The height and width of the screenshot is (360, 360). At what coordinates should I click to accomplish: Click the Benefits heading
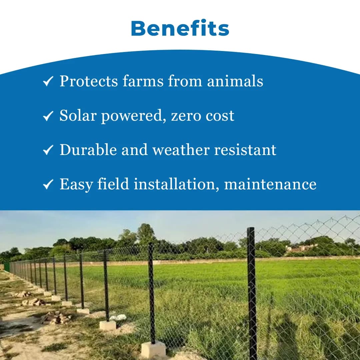coord(180,29)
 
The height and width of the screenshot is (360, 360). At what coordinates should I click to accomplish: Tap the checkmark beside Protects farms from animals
coord(48,81)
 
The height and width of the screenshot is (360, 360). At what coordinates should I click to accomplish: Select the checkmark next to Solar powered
coord(48,116)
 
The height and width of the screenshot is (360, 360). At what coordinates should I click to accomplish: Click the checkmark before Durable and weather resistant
coord(48,150)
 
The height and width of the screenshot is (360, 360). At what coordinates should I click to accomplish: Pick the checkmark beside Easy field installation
coord(48,184)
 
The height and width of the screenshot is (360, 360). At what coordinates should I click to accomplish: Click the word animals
coord(235,81)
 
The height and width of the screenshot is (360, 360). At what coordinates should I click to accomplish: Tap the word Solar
coord(79,116)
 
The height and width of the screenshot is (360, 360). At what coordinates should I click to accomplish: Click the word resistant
coord(245,150)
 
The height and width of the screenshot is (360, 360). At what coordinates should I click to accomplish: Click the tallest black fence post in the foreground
coord(252,293)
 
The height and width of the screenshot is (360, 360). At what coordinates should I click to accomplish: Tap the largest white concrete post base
coord(153,349)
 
